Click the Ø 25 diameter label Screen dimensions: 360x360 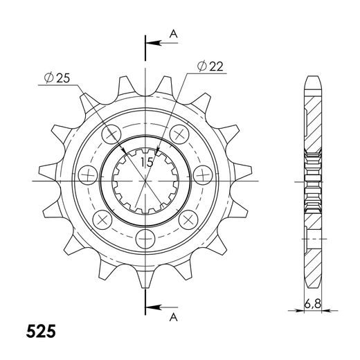pos(57,78)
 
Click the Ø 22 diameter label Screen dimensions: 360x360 pos(210,66)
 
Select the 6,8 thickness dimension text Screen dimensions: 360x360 pos(313,305)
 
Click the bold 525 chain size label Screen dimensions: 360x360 pos(41,332)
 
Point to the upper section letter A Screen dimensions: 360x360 pos(174,34)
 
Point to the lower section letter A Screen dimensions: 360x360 pos(174,318)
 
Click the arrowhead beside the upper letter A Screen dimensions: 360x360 pos(154,43)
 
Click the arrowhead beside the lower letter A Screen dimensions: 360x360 pos(154,307)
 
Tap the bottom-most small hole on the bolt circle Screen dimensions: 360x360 pos(145,239)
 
